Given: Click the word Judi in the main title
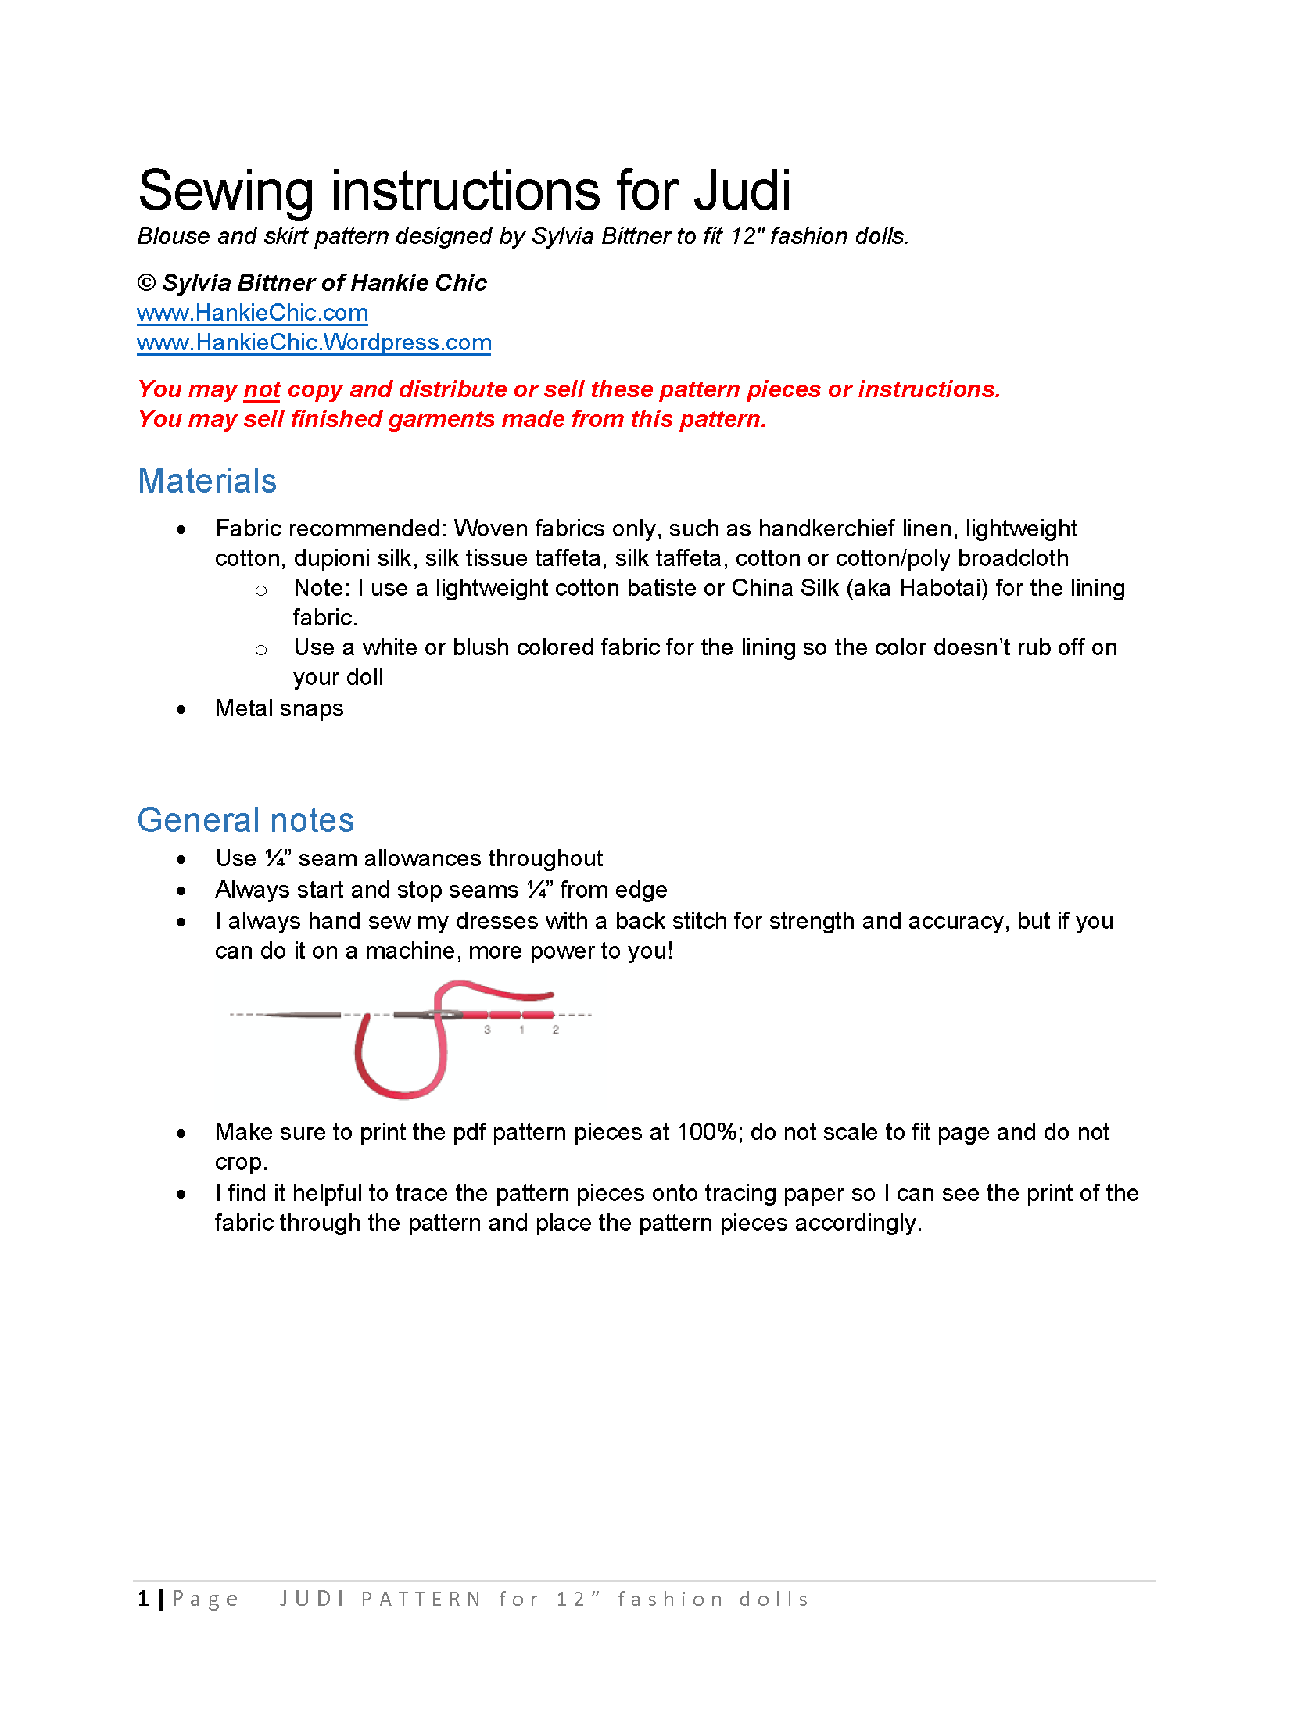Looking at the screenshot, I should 742,192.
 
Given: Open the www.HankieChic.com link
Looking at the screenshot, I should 252,313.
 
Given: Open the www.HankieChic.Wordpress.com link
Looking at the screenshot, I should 314,342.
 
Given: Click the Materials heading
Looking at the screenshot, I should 207,481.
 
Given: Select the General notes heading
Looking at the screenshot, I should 245,820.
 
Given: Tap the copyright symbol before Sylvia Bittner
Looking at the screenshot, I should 146,283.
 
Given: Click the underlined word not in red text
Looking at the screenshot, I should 262,389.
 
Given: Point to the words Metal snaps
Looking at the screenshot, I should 279,708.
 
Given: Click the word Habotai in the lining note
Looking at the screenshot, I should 944,588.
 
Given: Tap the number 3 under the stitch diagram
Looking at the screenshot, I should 487,1030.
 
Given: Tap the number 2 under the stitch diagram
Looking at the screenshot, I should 556,1030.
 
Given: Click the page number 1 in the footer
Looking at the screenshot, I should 144,1599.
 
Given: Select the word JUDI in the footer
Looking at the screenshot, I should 312,1599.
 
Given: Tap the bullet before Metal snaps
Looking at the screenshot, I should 181,710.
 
